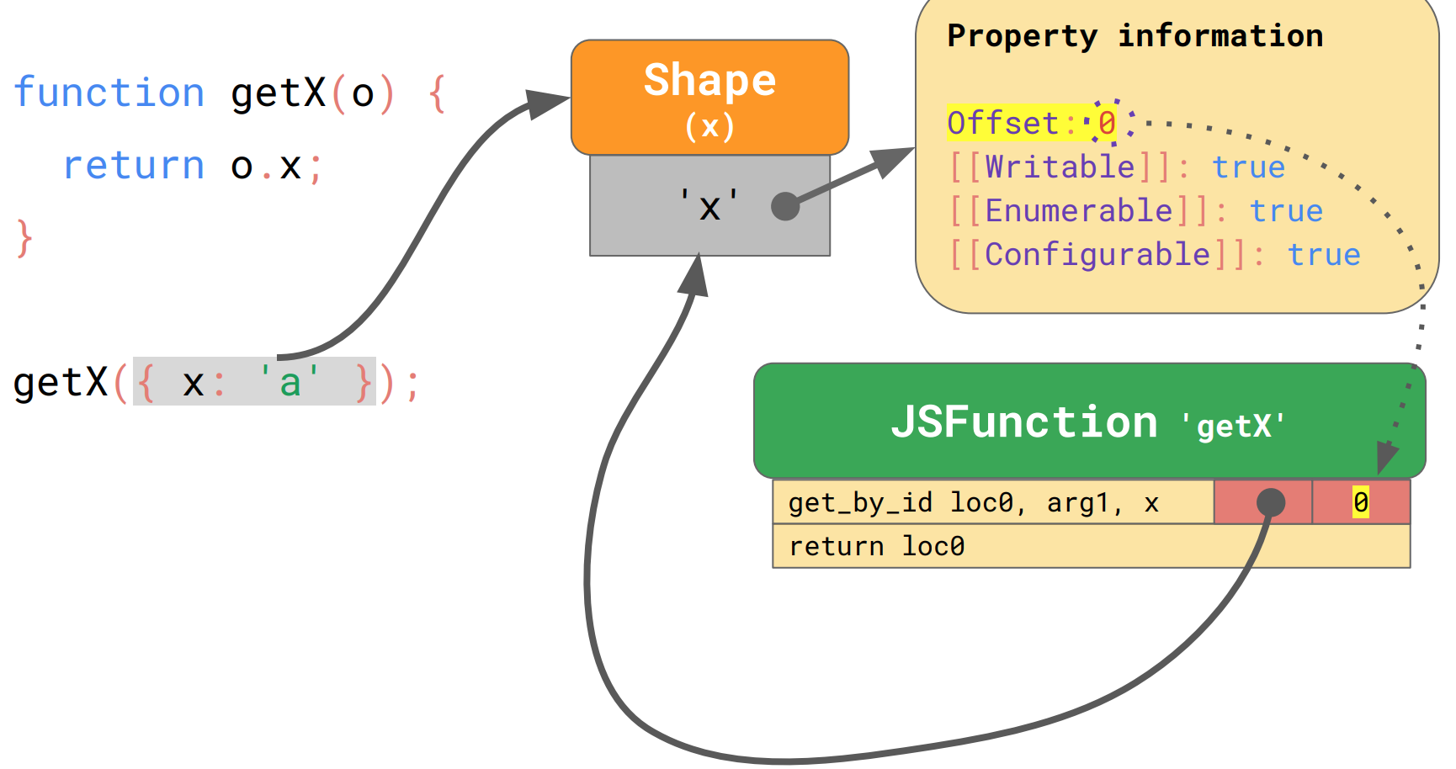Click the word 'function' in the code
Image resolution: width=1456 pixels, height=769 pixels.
[109, 93]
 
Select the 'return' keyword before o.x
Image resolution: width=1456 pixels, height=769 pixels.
[134, 166]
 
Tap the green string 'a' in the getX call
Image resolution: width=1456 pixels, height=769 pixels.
[290, 383]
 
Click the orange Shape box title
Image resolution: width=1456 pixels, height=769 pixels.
[709, 81]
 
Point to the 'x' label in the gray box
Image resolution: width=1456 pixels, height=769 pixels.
[709, 207]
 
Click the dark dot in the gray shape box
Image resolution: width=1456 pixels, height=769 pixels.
[785, 205]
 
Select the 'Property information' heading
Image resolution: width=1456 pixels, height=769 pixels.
[1135, 36]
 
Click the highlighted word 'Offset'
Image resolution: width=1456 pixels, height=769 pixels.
[1002, 124]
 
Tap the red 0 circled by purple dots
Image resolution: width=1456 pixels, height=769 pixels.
[1107, 124]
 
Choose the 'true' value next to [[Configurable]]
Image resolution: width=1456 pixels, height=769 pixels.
[1324, 254]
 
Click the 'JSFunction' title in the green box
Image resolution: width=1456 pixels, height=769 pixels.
[1024, 422]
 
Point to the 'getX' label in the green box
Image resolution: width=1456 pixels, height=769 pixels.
[1234, 427]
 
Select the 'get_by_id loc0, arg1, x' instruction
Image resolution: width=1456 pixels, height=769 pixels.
[974, 503]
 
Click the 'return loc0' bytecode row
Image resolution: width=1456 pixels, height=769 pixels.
[877, 547]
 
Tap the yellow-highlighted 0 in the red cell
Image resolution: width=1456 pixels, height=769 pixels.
[1360, 502]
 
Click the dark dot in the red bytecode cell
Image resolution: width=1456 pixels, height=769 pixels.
[1270, 502]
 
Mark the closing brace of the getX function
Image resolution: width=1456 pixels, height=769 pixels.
[24, 238]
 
